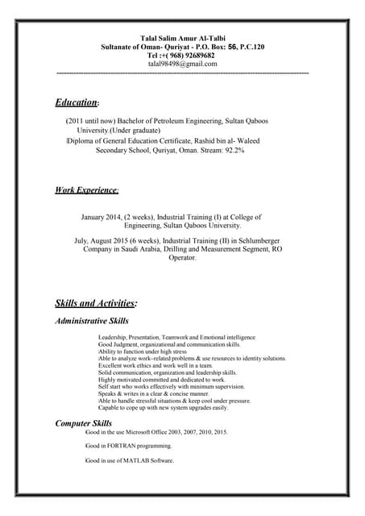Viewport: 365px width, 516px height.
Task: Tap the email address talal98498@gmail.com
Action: point(183,64)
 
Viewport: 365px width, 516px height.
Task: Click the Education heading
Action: point(76,103)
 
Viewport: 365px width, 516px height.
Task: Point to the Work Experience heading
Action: point(86,190)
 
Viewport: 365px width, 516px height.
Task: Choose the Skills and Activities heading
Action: point(95,303)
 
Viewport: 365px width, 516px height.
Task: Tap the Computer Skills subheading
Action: point(83,423)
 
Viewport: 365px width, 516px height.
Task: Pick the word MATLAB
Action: point(133,460)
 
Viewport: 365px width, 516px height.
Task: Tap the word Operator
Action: point(182,258)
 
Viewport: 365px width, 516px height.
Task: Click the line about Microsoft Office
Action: point(157,432)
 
